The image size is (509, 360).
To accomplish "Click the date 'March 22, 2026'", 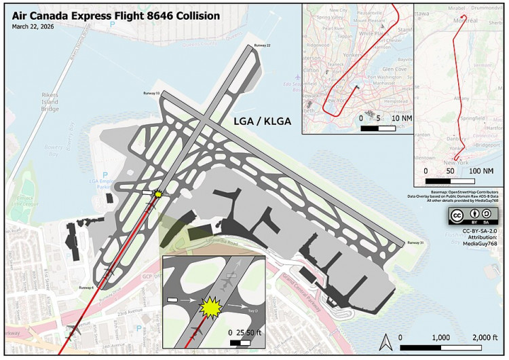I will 33,26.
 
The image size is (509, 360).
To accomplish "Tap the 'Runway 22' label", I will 263,45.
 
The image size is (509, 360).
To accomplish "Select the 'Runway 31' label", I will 415,242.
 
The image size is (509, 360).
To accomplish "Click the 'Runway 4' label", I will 86,288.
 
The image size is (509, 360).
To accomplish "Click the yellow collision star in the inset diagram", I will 209,307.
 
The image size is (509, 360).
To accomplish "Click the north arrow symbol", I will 385,342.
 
